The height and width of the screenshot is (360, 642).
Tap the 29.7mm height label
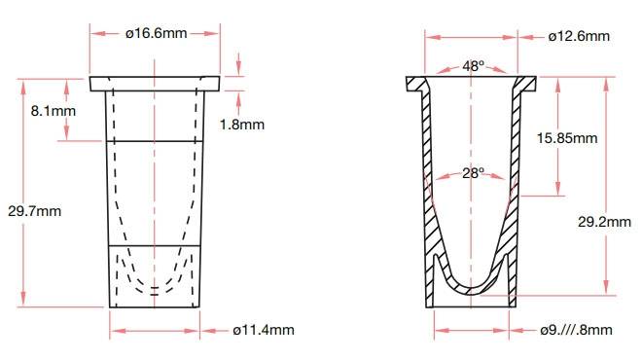pyautogui.click(x=40, y=210)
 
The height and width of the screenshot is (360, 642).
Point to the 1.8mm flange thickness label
pyautogui.click(x=240, y=124)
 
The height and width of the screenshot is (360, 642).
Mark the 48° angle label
pyautogui.click(x=473, y=66)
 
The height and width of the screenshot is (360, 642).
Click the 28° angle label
pyautogui.click(x=473, y=173)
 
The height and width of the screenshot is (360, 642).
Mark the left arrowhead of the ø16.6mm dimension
pyautogui.click(x=93, y=34)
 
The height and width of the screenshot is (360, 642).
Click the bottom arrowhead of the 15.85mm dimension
pyautogui.click(x=557, y=190)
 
